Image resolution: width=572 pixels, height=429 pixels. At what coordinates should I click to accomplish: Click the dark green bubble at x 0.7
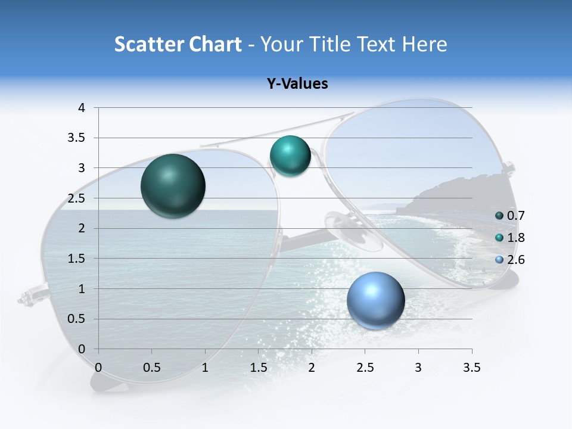(173, 186)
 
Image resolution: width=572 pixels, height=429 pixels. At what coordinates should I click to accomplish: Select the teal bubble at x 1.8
(290, 156)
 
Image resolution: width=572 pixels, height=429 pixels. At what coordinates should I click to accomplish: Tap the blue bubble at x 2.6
(376, 300)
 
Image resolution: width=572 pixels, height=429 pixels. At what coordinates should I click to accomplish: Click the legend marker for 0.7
(499, 216)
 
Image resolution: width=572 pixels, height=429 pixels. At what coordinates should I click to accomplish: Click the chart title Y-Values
(297, 84)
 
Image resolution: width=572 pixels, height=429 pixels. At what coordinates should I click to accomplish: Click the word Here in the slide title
(424, 44)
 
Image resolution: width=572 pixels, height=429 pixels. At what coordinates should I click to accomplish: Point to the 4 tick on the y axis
(82, 108)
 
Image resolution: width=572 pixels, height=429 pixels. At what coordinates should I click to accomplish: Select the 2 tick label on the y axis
(82, 228)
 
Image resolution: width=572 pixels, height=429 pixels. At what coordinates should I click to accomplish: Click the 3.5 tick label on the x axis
(472, 368)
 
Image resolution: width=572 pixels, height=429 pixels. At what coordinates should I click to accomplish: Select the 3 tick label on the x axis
(418, 368)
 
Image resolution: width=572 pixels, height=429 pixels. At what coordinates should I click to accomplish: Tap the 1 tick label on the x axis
(205, 368)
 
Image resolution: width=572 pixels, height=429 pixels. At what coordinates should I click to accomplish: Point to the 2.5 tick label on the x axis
(365, 368)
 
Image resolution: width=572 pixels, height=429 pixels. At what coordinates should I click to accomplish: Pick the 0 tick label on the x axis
(98, 368)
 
